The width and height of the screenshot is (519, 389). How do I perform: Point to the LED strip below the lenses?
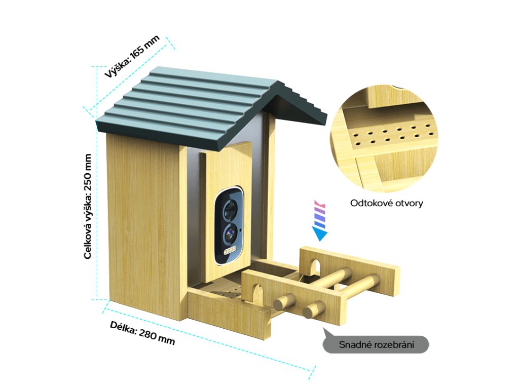tap(229, 251)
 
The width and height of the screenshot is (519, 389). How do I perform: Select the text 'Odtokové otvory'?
tap(386, 204)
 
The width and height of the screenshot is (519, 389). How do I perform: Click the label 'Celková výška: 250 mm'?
tap(88, 206)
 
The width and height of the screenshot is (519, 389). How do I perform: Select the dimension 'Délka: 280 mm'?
tap(142, 333)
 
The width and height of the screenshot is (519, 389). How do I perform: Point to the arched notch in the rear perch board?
tap(315, 266)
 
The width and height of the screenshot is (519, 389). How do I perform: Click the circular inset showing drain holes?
tap(384, 139)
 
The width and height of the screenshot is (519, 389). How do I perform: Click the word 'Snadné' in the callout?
tap(355, 345)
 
